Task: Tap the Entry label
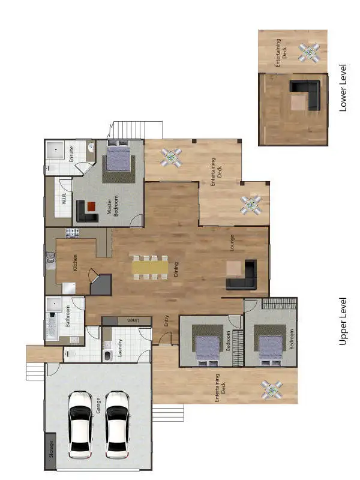(167, 321)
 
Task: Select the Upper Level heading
(343, 321)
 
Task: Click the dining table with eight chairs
(150, 268)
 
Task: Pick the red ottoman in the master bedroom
(91, 206)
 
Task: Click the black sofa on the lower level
(307, 93)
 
